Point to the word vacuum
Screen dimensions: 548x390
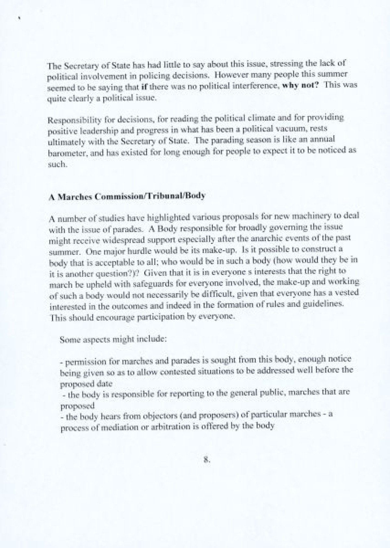(295, 129)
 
